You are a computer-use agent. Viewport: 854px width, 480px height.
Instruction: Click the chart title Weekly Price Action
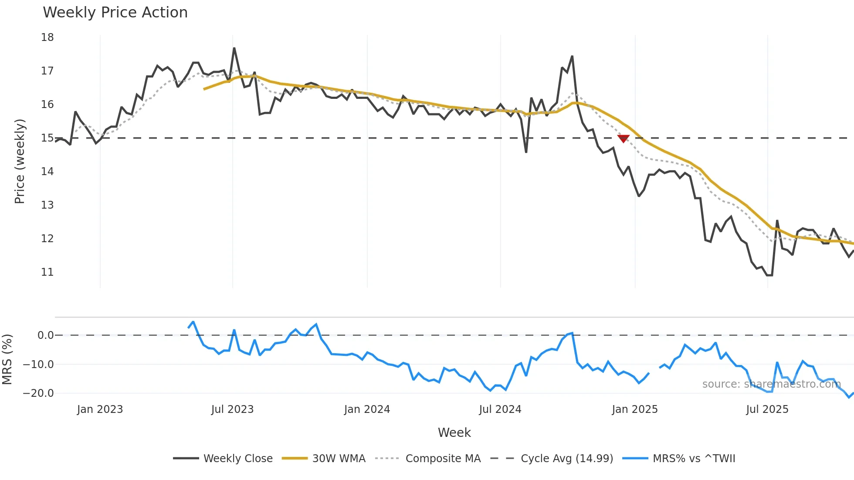(115, 13)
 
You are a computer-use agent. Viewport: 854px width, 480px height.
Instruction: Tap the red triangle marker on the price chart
(624, 139)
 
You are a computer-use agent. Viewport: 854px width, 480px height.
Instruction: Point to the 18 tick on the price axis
(47, 37)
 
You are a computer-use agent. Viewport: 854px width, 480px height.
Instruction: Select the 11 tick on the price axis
(47, 272)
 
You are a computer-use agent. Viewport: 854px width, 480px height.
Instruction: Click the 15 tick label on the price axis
(47, 138)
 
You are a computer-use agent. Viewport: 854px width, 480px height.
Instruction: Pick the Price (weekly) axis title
(20, 161)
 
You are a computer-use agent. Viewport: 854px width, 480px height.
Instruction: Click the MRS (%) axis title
(7, 359)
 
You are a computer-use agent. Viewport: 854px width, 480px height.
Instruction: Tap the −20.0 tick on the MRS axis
(38, 393)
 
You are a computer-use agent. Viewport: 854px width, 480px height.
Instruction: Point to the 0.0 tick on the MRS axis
(45, 335)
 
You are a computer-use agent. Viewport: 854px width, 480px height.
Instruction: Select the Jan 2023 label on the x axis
(100, 409)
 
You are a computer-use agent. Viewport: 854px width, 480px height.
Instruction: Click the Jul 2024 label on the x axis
(500, 409)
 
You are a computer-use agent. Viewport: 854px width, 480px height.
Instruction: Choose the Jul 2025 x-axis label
(767, 409)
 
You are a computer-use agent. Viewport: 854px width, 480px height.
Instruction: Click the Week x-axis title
(454, 433)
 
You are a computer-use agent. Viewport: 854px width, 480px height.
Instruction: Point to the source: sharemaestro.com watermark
(771, 384)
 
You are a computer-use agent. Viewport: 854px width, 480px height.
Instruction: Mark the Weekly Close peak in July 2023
(234, 48)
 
